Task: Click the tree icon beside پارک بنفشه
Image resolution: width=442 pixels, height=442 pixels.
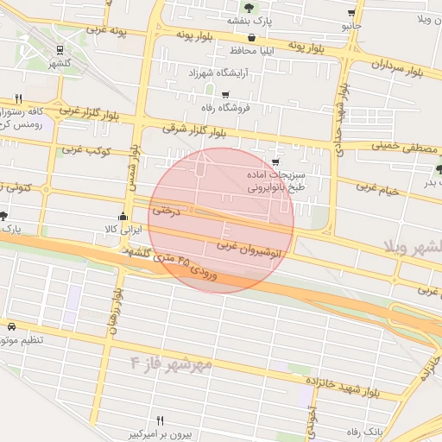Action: tap(249, 8)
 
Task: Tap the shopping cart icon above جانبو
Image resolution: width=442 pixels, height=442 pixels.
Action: tap(350, 13)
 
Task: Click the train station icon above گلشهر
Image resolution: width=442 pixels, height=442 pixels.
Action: tap(60, 50)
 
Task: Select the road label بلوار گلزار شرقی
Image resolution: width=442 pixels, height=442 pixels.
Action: tap(193, 131)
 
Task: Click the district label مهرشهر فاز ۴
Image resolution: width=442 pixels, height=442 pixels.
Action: tap(172, 361)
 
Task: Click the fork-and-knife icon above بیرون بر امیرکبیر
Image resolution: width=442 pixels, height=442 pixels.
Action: tap(160, 420)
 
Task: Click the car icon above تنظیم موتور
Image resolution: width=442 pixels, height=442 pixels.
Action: tap(11, 327)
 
